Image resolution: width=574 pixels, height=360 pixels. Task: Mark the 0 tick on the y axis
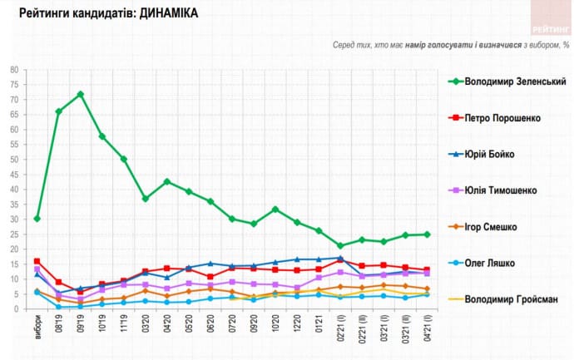tap(17, 309)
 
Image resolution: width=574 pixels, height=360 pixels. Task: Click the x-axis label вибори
tap(37, 326)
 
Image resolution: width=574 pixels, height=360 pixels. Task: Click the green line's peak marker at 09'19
tap(81, 94)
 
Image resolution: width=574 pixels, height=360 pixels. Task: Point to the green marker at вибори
tap(37, 219)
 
